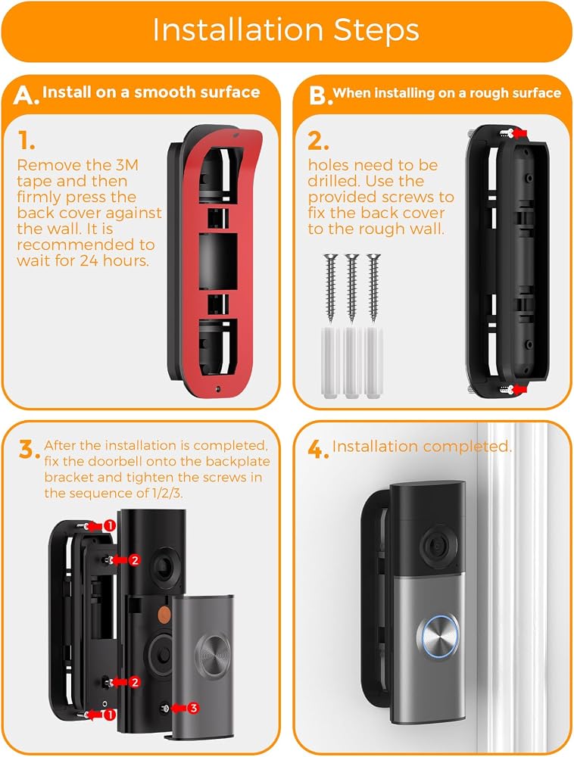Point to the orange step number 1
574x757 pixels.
point(26,140)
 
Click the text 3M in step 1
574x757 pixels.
point(127,165)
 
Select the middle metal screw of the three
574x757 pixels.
point(352,288)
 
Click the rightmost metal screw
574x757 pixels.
point(373,288)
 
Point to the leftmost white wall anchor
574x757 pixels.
point(330,363)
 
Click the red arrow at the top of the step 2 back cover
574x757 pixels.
point(519,132)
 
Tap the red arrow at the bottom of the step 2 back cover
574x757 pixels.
point(519,388)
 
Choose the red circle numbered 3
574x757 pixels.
point(193,708)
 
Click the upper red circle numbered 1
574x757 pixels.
point(110,525)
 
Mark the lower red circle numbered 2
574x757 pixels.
point(135,682)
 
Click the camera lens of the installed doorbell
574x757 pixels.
point(438,546)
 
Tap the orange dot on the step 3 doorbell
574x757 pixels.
point(164,614)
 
